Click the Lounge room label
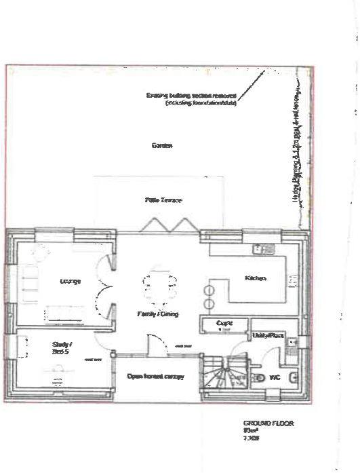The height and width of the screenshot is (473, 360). coord(71,280)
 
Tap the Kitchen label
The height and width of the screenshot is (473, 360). coord(256,278)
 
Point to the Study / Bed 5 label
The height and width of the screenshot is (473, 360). coord(62,348)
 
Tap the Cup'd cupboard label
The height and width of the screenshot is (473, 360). coord(224,324)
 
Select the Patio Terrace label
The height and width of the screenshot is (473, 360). coord(163,200)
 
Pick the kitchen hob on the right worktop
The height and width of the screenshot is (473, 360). coord(292,279)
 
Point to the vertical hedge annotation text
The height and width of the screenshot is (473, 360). coord(296,149)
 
